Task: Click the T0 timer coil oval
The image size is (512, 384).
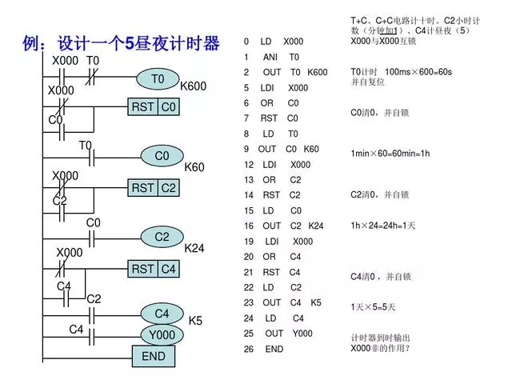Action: coord(157,79)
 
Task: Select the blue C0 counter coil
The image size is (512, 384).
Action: coord(162,156)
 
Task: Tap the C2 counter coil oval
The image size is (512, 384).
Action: coord(162,237)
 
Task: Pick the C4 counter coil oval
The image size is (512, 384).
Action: coord(162,314)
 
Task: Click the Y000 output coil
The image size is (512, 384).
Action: coord(162,334)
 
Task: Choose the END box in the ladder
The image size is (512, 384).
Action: coord(153,356)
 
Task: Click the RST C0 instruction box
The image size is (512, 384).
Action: coord(154,107)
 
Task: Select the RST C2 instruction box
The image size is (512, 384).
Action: coord(154,188)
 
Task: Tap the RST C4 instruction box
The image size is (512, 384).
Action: coord(154,270)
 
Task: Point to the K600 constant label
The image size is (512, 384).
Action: coord(193,86)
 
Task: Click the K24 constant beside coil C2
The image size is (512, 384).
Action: coord(194,249)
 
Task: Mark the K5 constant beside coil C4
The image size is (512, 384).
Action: coord(195,321)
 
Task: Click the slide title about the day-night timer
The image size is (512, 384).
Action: coord(122,43)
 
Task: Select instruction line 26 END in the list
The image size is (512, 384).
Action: coord(264,349)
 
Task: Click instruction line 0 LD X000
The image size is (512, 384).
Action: coord(274,41)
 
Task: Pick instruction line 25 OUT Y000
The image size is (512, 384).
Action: coord(277,334)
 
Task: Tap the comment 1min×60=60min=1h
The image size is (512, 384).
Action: coord(390,153)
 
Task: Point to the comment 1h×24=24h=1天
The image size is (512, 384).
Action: coord(383,226)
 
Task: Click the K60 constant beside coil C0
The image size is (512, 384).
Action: coord(194,168)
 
